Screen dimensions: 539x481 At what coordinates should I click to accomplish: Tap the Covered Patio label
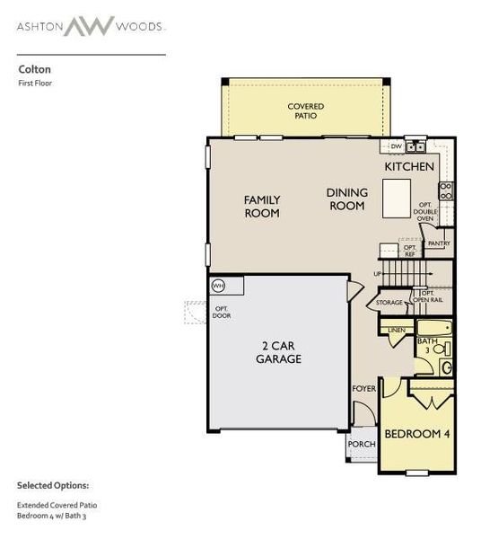(306, 111)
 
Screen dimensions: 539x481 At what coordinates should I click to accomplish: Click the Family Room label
(262, 207)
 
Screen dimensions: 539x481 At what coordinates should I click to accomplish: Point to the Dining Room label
(345, 199)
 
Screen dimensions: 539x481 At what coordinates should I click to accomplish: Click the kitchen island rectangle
(396, 198)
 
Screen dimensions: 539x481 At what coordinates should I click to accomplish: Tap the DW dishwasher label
(396, 146)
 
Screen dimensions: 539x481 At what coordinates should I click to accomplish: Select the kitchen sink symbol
(415, 146)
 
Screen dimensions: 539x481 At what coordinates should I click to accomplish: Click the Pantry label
(439, 243)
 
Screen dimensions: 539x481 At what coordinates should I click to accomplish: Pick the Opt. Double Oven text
(425, 211)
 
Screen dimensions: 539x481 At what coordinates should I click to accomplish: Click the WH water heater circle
(218, 286)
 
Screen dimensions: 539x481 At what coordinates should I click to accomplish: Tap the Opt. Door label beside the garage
(222, 314)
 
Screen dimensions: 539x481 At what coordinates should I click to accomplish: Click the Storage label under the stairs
(389, 303)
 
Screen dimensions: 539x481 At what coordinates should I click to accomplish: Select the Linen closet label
(396, 331)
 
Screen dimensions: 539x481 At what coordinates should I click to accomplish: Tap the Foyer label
(363, 389)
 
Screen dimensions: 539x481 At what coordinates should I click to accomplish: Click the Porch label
(361, 445)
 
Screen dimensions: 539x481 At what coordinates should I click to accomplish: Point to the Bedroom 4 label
(416, 435)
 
